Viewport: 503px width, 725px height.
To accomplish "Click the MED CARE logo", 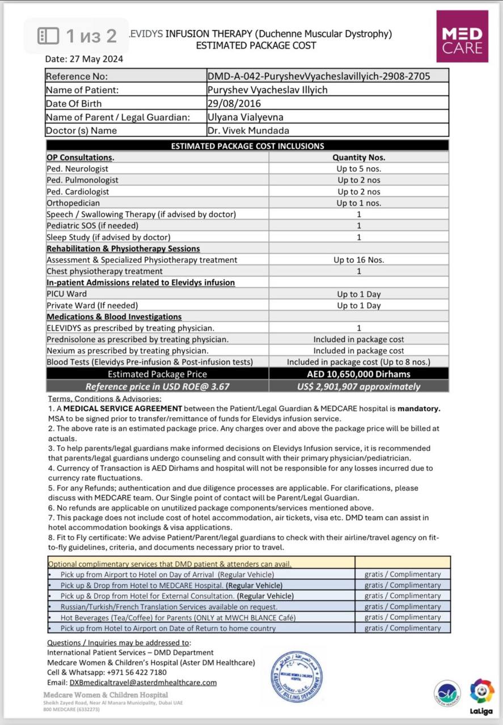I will pyautogui.click(x=462, y=36).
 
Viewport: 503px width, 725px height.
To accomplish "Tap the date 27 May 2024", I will pyautogui.click(x=84, y=58).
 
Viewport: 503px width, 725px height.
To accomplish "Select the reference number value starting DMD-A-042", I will pyautogui.click(x=319, y=76).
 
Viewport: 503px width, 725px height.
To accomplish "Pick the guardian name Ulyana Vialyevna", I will pyautogui.click(x=246, y=117).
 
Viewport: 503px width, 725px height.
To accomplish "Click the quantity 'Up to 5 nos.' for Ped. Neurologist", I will pyautogui.click(x=359, y=169).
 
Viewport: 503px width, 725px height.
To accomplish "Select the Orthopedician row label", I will pyautogui.click(x=73, y=203).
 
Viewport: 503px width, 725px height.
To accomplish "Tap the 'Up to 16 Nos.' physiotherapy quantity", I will pyautogui.click(x=359, y=260).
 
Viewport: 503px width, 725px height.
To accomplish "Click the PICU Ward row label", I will pyautogui.click(x=67, y=294).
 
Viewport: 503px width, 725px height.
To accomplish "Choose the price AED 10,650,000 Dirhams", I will pyautogui.click(x=358, y=374).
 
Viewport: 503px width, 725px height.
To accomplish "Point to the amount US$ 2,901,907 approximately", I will pyautogui.click(x=358, y=387).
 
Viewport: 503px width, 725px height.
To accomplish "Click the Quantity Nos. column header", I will pyautogui.click(x=358, y=157).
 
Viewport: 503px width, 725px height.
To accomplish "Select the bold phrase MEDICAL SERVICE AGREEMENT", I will pyautogui.click(x=122, y=408).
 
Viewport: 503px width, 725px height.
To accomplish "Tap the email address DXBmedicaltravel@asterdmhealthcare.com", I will pyautogui.click(x=143, y=683).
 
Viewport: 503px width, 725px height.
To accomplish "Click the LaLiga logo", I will pyautogui.click(x=481, y=696).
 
